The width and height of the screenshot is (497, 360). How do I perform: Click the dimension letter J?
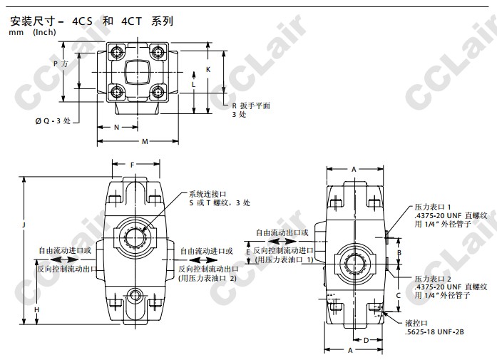coord(24,225)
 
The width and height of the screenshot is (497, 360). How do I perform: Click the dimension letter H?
coord(37,309)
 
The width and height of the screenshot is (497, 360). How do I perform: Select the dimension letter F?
coord(133,165)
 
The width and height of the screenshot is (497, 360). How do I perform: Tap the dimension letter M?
coord(145,141)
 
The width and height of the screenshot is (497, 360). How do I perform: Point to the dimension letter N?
coord(116,128)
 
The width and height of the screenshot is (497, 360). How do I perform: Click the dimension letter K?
coord(208,69)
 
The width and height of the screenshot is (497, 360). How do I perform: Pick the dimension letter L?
coord(194,85)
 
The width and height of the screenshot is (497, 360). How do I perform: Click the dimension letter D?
coord(366,340)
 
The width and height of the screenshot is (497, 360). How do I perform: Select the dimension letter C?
coord(399,295)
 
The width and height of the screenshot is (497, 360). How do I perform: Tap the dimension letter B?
coord(399,253)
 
